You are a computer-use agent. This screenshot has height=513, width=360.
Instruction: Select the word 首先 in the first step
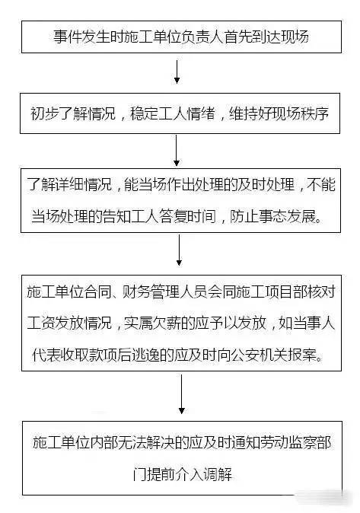[238, 37]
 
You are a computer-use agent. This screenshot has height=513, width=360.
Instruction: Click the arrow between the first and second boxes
[177, 72]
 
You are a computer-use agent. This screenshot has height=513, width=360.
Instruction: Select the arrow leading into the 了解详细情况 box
[177, 150]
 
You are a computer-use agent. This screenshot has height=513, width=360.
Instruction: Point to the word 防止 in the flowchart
[244, 217]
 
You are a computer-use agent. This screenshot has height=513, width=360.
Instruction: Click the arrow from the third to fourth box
[179, 250]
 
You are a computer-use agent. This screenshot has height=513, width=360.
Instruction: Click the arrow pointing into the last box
[182, 394]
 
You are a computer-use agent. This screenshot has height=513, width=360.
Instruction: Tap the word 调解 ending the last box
[218, 474]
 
